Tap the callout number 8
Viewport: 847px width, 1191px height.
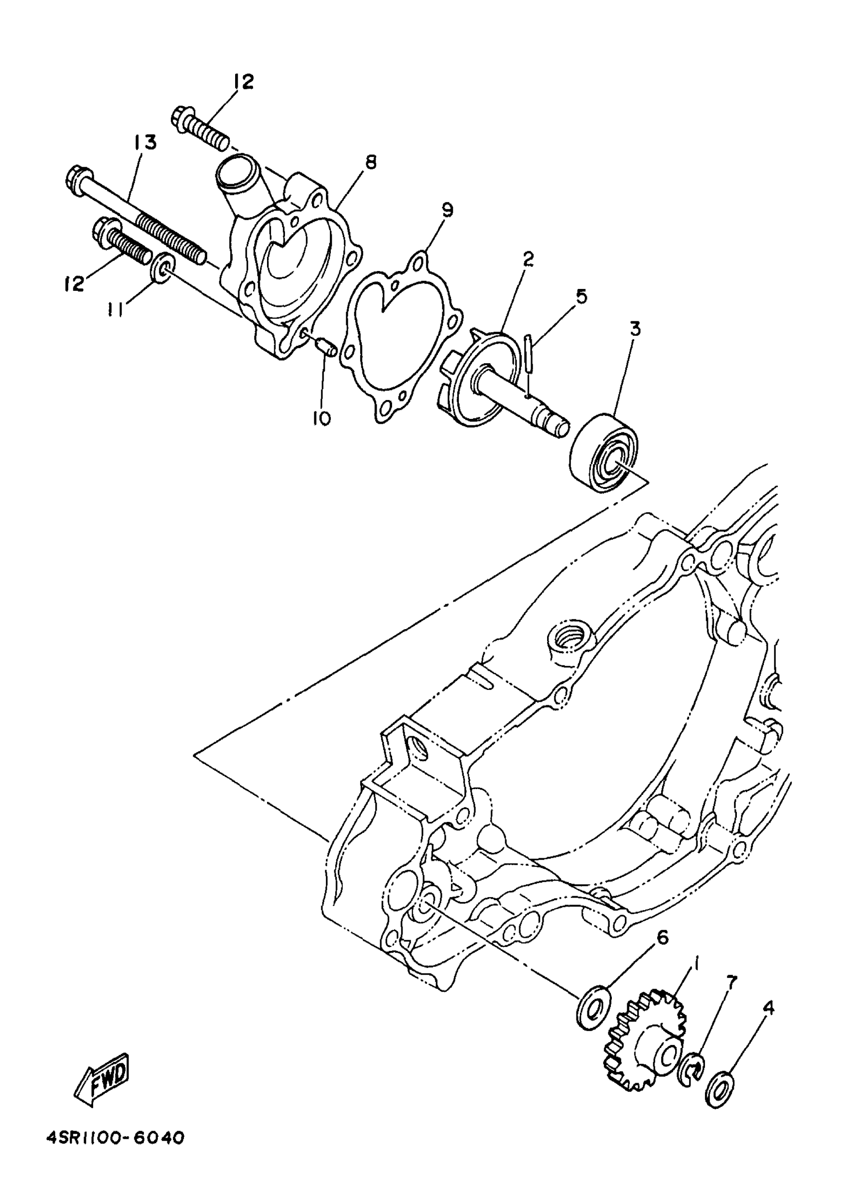coord(370,162)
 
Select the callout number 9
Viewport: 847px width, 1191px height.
coord(446,210)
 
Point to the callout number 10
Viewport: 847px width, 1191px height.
coord(322,418)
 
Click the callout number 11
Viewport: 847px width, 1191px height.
coord(116,311)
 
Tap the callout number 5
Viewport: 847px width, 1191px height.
coord(581,296)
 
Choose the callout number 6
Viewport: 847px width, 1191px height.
coord(661,937)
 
